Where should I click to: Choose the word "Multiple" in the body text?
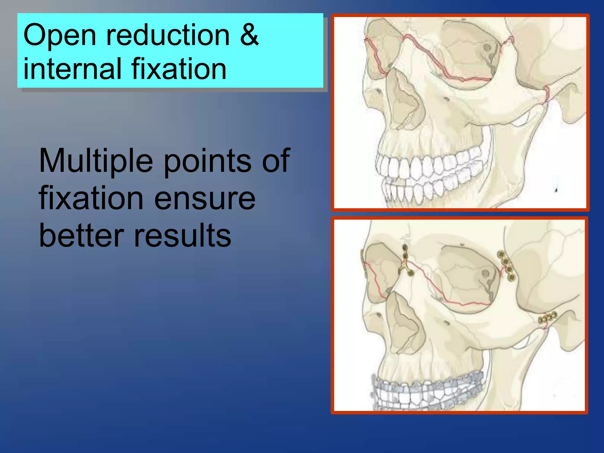point(96,162)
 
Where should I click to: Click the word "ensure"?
point(205,198)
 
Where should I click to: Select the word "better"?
point(81,235)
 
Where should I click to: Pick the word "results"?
point(183,235)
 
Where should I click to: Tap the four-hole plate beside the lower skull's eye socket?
point(507,265)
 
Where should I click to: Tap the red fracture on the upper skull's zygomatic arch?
point(546,94)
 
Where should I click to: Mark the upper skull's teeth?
point(428,174)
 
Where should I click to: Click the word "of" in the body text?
point(276,162)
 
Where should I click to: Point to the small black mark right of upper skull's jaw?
point(556,189)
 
